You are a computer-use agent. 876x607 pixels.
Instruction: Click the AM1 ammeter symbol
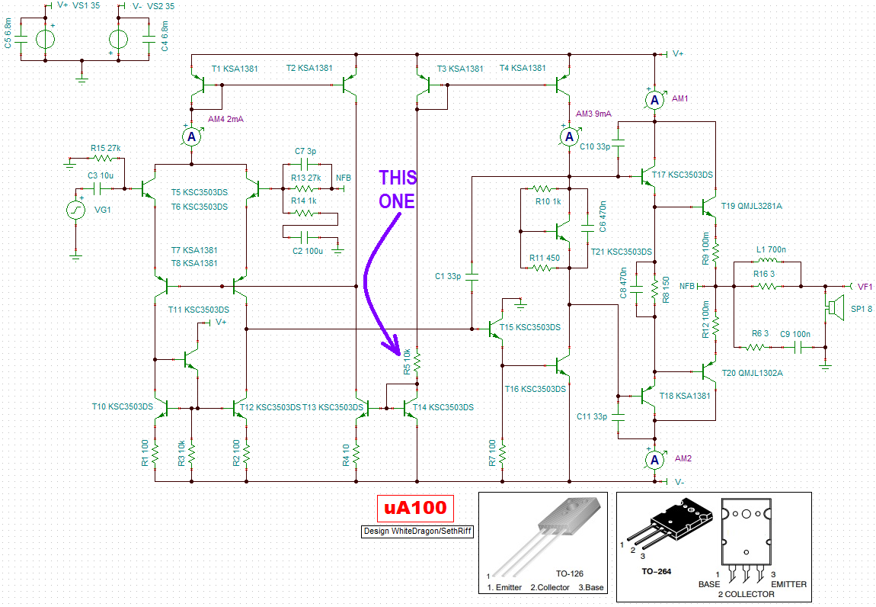coord(655,100)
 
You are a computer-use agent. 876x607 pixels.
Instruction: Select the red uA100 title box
coord(415,508)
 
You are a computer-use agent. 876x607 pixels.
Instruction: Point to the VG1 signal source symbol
coord(76,210)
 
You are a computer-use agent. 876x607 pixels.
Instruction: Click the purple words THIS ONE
coord(397,189)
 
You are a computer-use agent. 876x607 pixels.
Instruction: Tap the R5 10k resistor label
coord(407,361)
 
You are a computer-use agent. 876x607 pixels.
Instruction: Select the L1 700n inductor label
coord(771,249)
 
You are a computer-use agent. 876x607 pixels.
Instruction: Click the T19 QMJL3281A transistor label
coord(751,206)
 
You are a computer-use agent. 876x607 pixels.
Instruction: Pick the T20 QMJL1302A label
coord(752,373)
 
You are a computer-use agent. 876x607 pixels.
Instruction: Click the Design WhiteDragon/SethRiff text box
coord(418,531)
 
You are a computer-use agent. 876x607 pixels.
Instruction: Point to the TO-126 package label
coord(569,573)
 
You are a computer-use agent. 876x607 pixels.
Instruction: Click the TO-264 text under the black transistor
coord(657,571)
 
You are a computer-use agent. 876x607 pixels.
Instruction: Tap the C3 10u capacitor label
coord(101,175)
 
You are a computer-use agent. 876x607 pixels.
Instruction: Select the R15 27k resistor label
coord(106,148)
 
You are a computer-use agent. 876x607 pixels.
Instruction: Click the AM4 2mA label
coord(225,119)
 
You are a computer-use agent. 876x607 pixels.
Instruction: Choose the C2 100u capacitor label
coord(308,251)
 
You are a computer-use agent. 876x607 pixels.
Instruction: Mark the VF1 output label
coord(865,287)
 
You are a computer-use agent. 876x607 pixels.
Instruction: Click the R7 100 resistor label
coord(491,453)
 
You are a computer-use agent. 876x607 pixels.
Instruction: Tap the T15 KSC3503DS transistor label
coord(529,327)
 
